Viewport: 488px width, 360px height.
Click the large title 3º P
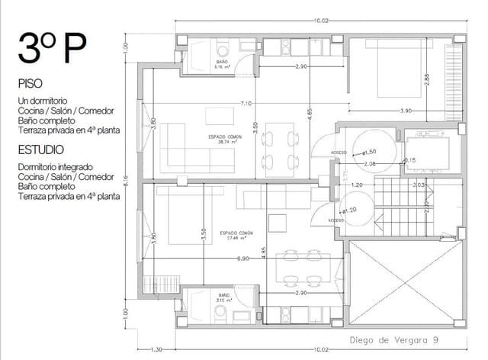[53, 49]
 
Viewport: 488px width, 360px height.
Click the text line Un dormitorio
[43, 101]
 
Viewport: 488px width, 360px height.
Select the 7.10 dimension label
[246, 103]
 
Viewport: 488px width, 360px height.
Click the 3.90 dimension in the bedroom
[406, 111]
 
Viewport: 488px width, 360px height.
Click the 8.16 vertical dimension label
[127, 182]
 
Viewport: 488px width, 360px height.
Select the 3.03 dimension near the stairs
[417, 185]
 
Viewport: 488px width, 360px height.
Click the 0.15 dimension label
[409, 159]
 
